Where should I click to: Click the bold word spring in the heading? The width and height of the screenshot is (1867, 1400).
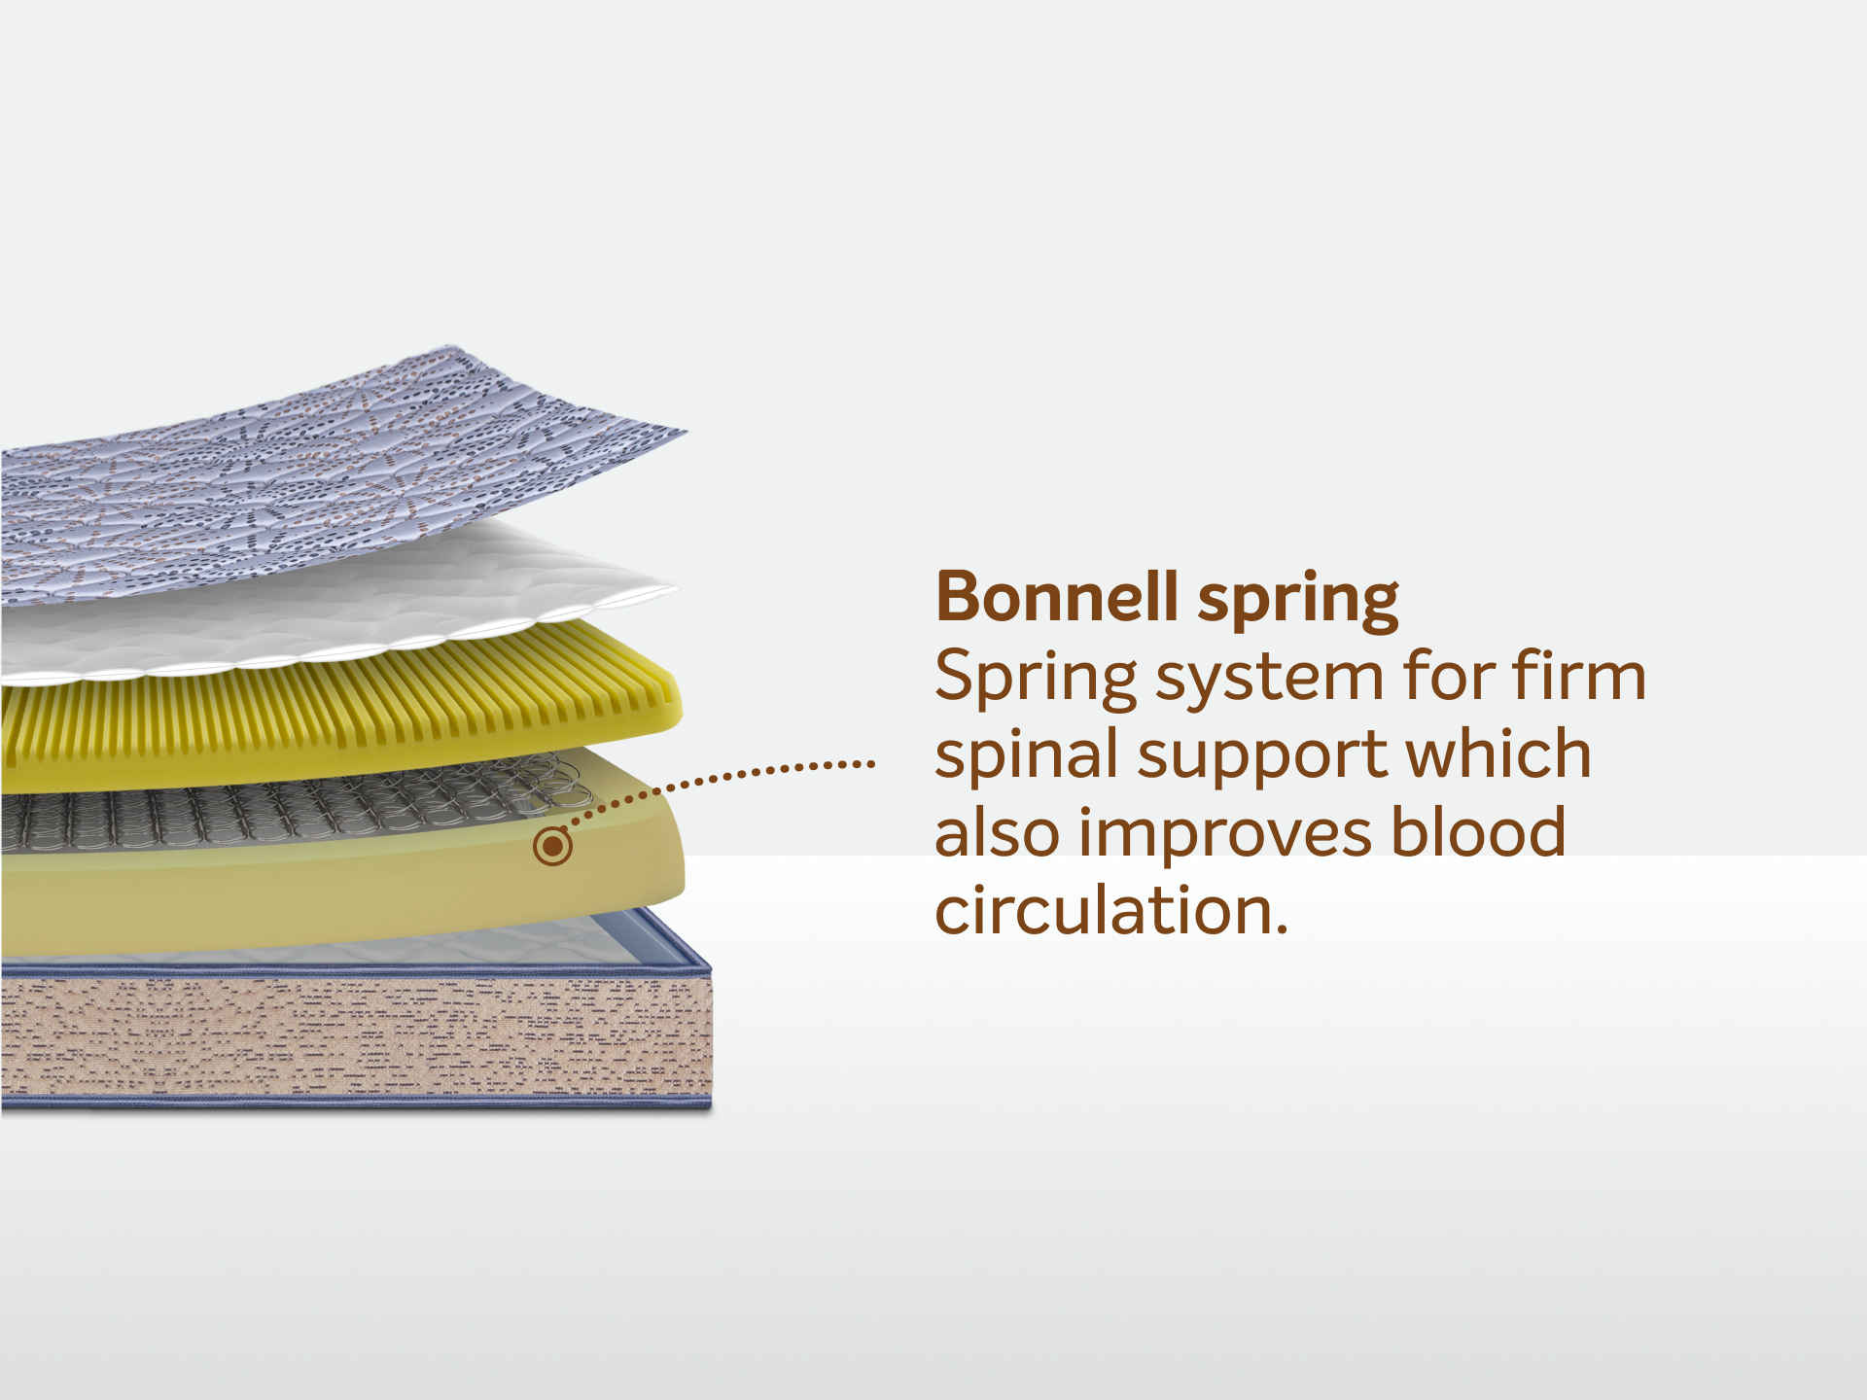tap(1298, 602)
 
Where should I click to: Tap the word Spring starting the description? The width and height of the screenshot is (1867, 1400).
tap(1036, 679)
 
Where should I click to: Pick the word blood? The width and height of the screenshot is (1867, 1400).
tap(1478, 830)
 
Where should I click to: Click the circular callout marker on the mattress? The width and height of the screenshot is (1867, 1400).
tap(552, 846)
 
